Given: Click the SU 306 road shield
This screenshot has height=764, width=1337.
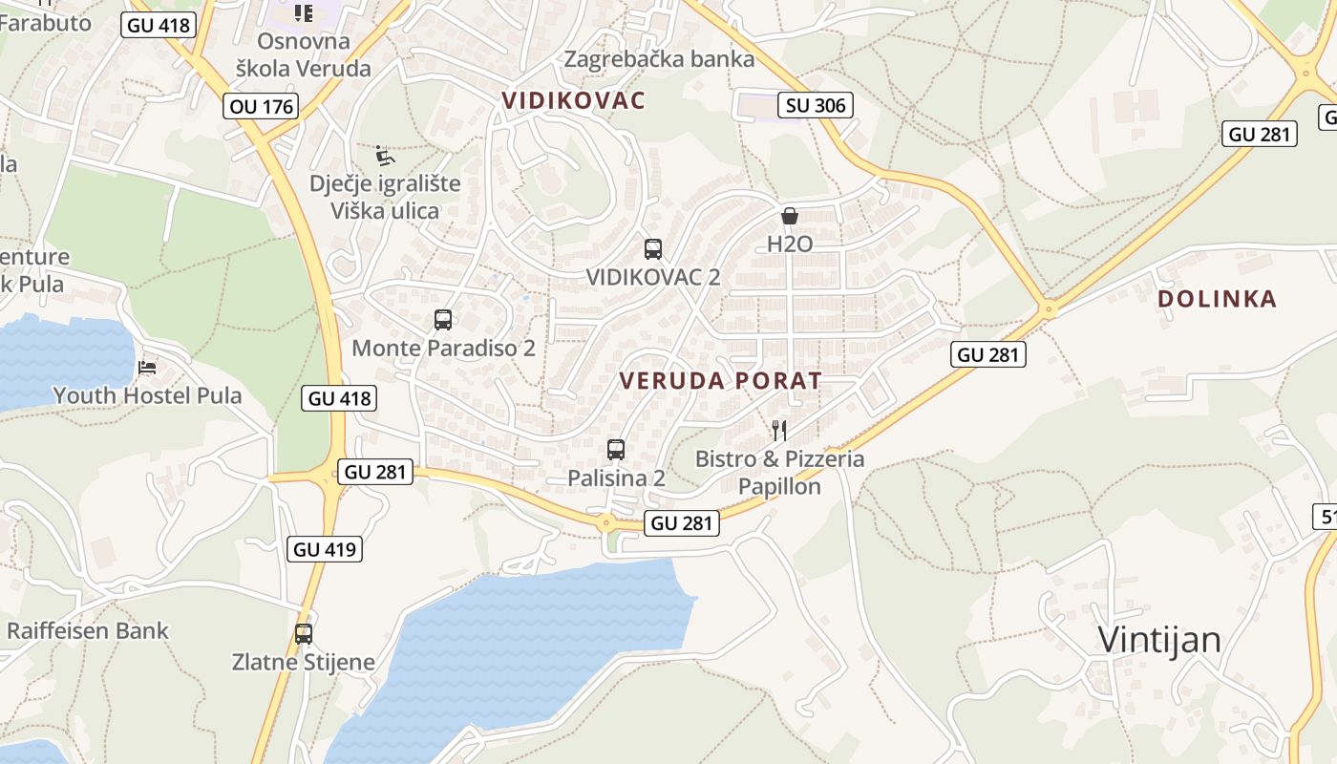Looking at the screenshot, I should coord(816,105).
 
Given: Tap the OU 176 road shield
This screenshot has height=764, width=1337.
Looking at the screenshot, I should coord(263,106).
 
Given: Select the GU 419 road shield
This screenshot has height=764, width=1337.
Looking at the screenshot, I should coord(325,549).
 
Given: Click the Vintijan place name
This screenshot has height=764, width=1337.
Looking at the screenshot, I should coord(1159,639).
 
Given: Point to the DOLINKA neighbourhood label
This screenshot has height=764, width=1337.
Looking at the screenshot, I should coord(1217,299).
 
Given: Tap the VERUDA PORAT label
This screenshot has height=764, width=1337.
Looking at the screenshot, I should coord(720,380).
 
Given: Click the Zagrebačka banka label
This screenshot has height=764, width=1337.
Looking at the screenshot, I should coord(659,59).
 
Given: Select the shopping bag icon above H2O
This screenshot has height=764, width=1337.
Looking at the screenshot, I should coord(790,217).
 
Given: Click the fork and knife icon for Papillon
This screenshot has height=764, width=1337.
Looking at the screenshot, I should coord(779,431).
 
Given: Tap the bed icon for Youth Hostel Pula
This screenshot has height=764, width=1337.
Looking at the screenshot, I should coord(147,367).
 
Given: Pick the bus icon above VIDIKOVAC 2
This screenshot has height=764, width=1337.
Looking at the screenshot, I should coord(653,249).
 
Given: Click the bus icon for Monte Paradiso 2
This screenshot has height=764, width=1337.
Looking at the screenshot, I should coord(443,320).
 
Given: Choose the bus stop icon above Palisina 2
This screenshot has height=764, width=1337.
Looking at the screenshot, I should coord(616,449).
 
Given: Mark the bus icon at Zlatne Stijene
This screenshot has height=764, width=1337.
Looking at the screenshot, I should coord(304,633).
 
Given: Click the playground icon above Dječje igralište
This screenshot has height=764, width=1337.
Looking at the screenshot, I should coord(385,156).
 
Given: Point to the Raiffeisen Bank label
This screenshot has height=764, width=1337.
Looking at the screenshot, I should coord(88,630).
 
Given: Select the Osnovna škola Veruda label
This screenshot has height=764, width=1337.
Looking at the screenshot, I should coord(304,54).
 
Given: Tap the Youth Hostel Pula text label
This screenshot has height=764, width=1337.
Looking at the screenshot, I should coord(147,395).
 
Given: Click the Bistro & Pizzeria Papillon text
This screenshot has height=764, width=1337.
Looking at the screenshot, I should coord(779,472).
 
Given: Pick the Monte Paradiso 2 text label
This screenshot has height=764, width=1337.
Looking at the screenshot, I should coord(443,348).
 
